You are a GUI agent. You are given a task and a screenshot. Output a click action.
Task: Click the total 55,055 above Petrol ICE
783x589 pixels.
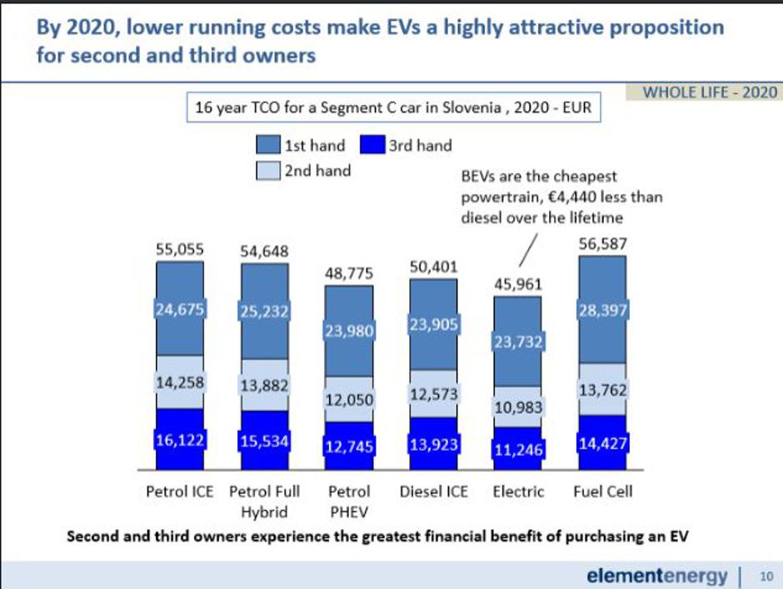[x=180, y=248]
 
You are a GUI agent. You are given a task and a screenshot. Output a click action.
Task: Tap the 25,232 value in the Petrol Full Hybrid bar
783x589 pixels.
[x=264, y=312]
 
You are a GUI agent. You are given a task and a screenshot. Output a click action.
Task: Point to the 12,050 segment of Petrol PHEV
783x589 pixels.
[x=349, y=399]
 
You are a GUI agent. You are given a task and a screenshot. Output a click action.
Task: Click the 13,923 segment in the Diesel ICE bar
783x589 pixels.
[x=433, y=443]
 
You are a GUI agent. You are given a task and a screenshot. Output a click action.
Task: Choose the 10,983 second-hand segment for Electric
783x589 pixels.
[x=518, y=407]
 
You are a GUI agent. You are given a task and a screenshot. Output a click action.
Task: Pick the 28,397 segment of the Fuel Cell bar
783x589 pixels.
[x=601, y=311]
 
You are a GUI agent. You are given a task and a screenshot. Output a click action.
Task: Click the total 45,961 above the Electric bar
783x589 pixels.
[x=517, y=285]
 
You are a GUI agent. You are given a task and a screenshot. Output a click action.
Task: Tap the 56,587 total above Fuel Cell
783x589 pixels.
[x=601, y=244]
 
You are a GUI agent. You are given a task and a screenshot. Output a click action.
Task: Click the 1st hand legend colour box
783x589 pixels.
[x=268, y=146]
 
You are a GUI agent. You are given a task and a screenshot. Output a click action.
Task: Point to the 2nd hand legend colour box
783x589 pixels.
[x=268, y=170]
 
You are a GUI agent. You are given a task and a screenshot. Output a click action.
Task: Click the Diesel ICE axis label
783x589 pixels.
[x=433, y=491]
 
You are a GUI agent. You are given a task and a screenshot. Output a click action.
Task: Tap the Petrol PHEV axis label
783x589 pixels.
[x=349, y=500]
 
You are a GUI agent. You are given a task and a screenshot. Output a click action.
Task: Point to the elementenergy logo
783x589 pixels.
[x=656, y=574]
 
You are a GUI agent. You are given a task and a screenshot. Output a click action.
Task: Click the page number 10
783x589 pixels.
[x=766, y=575]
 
